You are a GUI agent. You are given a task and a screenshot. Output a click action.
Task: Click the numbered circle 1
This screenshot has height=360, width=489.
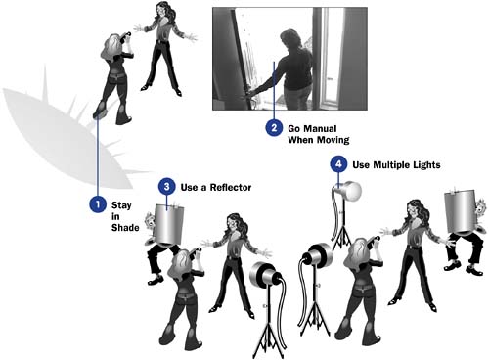coord(98,204)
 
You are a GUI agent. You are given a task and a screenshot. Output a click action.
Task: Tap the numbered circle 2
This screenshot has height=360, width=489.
coord(274,127)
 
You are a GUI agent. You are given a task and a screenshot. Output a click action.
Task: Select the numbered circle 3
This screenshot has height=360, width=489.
coord(167,187)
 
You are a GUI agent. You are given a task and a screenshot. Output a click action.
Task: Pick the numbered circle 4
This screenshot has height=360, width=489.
coord(338,163)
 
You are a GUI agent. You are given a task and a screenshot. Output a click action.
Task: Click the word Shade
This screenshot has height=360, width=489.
coord(125,228)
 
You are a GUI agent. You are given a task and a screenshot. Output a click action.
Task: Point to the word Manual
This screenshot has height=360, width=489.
coord(321,128)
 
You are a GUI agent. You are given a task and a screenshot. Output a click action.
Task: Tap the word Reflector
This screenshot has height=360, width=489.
coord(231,188)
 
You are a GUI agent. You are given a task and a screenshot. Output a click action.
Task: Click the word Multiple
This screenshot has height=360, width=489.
coord(391,165)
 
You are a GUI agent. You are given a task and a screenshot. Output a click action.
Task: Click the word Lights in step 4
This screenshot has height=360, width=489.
coord(426,165)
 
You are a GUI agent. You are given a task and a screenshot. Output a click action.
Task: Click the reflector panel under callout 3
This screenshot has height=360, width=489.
coord(168,224)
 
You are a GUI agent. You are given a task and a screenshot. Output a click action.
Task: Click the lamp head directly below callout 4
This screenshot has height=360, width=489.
coord(348,191)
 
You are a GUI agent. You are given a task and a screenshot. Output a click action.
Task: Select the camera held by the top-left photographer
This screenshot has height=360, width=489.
coord(126,35)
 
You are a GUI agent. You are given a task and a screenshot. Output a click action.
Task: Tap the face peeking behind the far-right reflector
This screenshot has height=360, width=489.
coord(480,207)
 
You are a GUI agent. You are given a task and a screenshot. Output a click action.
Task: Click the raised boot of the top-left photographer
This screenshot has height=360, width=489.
coord(101,111)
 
